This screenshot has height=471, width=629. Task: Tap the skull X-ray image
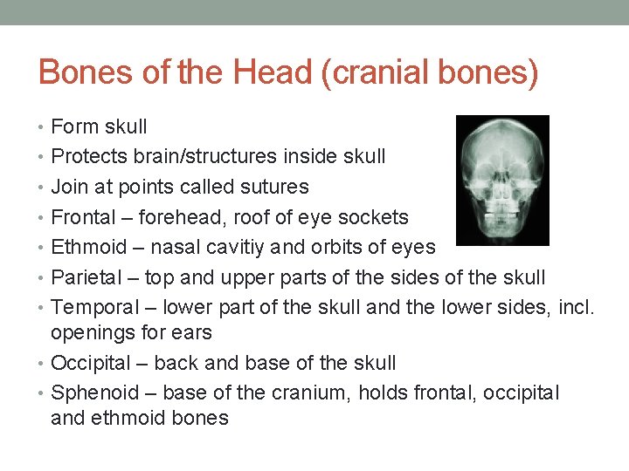click(502, 181)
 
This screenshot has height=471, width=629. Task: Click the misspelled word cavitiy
click(238, 248)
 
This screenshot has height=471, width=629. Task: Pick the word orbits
click(328, 247)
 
